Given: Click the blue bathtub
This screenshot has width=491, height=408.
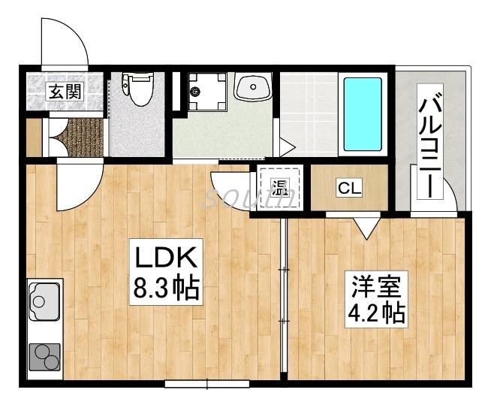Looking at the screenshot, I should point(363,113).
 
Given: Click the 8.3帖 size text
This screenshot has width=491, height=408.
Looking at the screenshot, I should point(166,287).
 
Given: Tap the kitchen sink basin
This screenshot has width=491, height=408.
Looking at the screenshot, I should point(44,302).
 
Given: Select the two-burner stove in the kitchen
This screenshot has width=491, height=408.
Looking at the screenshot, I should point(45,357).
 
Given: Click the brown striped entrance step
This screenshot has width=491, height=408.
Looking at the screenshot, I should point(78,137).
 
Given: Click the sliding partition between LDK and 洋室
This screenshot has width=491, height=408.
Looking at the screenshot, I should point(285,301).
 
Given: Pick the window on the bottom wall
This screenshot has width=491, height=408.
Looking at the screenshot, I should point(206,385).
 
